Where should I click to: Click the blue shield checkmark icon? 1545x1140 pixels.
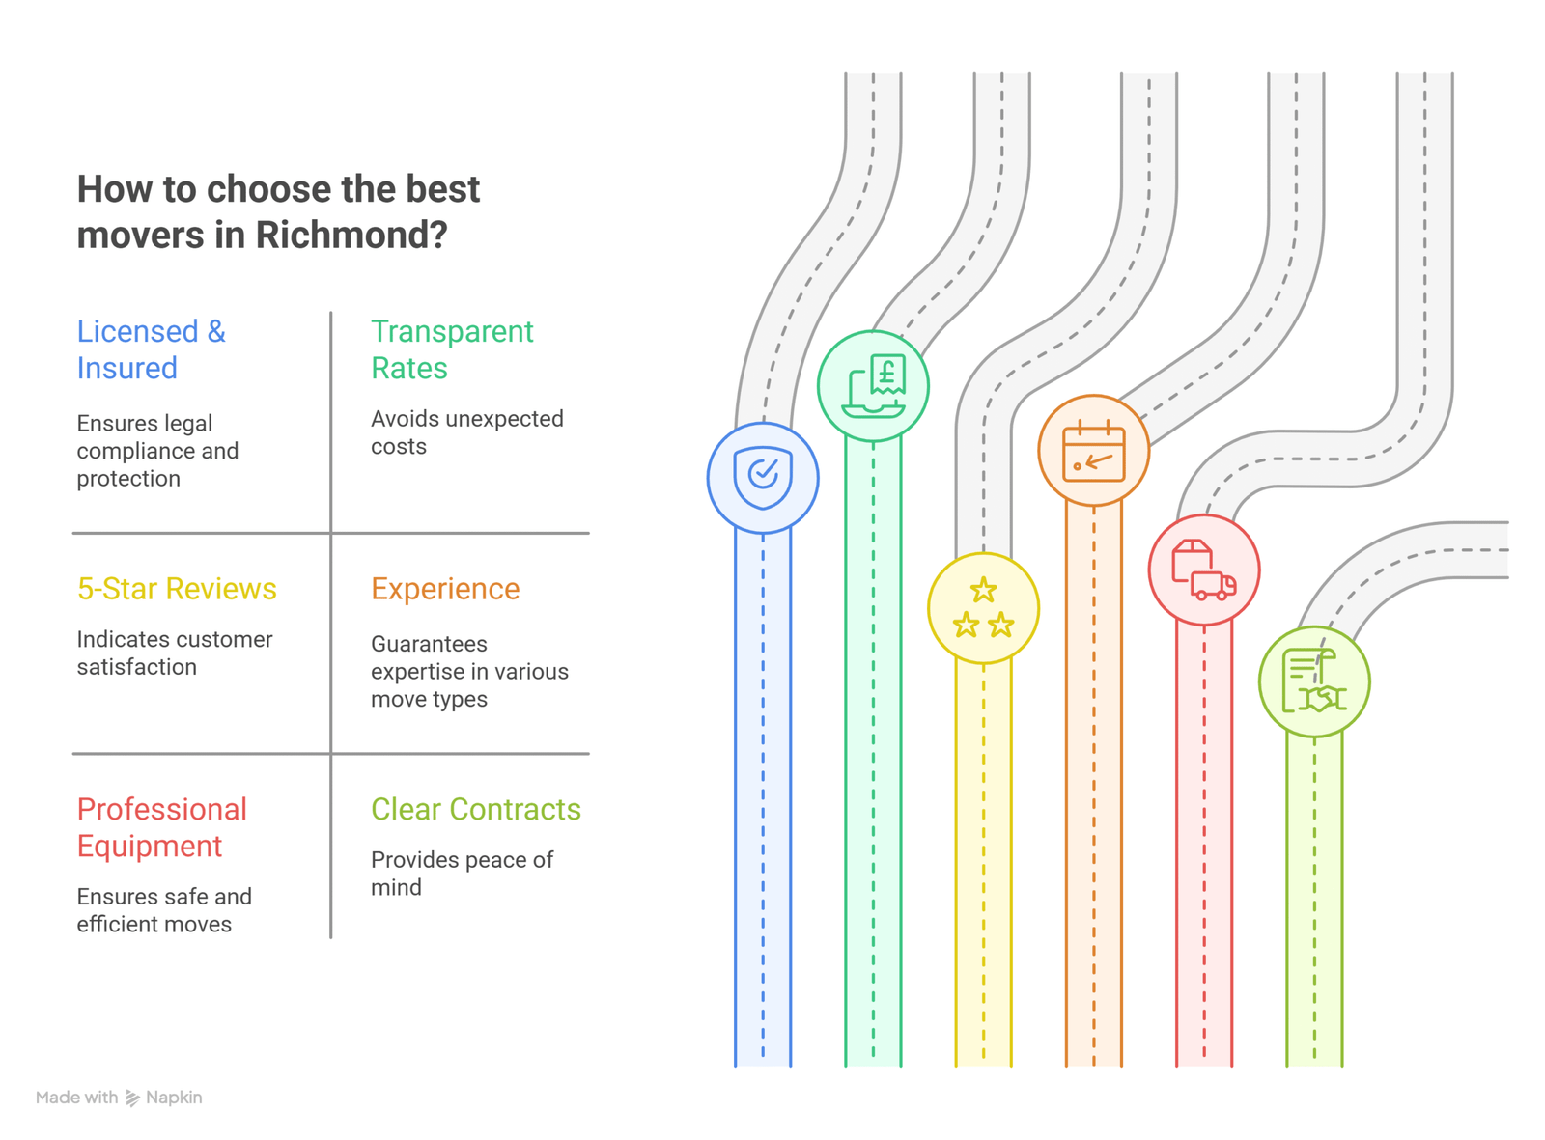[x=763, y=477]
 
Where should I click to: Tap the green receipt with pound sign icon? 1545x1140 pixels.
[x=873, y=386]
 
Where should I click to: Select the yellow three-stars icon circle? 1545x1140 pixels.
[x=983, y=608]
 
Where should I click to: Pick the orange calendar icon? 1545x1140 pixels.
[x=1093, y=450]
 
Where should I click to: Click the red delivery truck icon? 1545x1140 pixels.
[x=1203, y=570]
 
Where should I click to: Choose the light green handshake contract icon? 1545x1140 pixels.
[x=1313, y=681]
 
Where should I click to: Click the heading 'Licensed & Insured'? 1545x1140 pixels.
[x=151, y=349]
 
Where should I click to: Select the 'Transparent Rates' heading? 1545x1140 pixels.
[x=451, y=349]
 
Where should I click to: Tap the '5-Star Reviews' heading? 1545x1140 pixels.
[x=177, y=588]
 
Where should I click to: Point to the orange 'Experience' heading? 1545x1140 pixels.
[x=445, y=588]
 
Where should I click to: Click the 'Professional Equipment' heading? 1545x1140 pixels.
[x=161, y=827]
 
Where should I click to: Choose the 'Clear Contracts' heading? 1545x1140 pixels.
[x=475, y=809]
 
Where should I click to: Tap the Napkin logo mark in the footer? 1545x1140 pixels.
[x=132, y=1098]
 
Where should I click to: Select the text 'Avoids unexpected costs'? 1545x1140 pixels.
[x=466, y=432]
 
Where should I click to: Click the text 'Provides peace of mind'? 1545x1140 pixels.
[x=462, y=874]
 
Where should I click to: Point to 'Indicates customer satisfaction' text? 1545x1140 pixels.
[x=174, y=653]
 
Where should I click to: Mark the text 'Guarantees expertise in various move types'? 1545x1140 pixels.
[x=468, y=671]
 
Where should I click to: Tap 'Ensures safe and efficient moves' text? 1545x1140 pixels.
[x=163, y=910]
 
